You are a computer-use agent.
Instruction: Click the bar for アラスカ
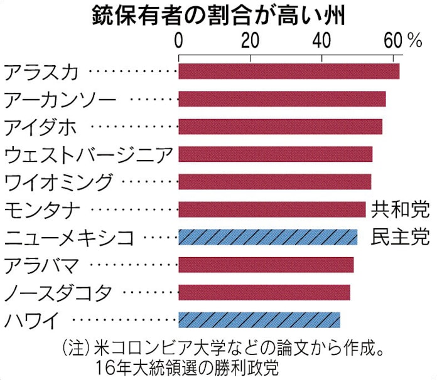pos(289,71)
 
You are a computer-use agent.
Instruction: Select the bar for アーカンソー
pos(282,99)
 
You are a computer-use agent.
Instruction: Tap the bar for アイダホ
pos(280,127)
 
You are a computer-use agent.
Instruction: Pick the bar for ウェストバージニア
pos(275,154)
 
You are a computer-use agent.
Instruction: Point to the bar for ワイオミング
pos(274,182)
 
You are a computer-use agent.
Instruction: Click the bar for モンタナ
pos(272,209)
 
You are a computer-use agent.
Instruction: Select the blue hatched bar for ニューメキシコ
pos(267,237)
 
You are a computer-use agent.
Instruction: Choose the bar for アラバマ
pos(266,265)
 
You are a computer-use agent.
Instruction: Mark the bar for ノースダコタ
pos(264,292)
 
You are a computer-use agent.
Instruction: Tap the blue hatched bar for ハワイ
pos(259,320)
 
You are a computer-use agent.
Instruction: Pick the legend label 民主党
pos(400,237)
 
